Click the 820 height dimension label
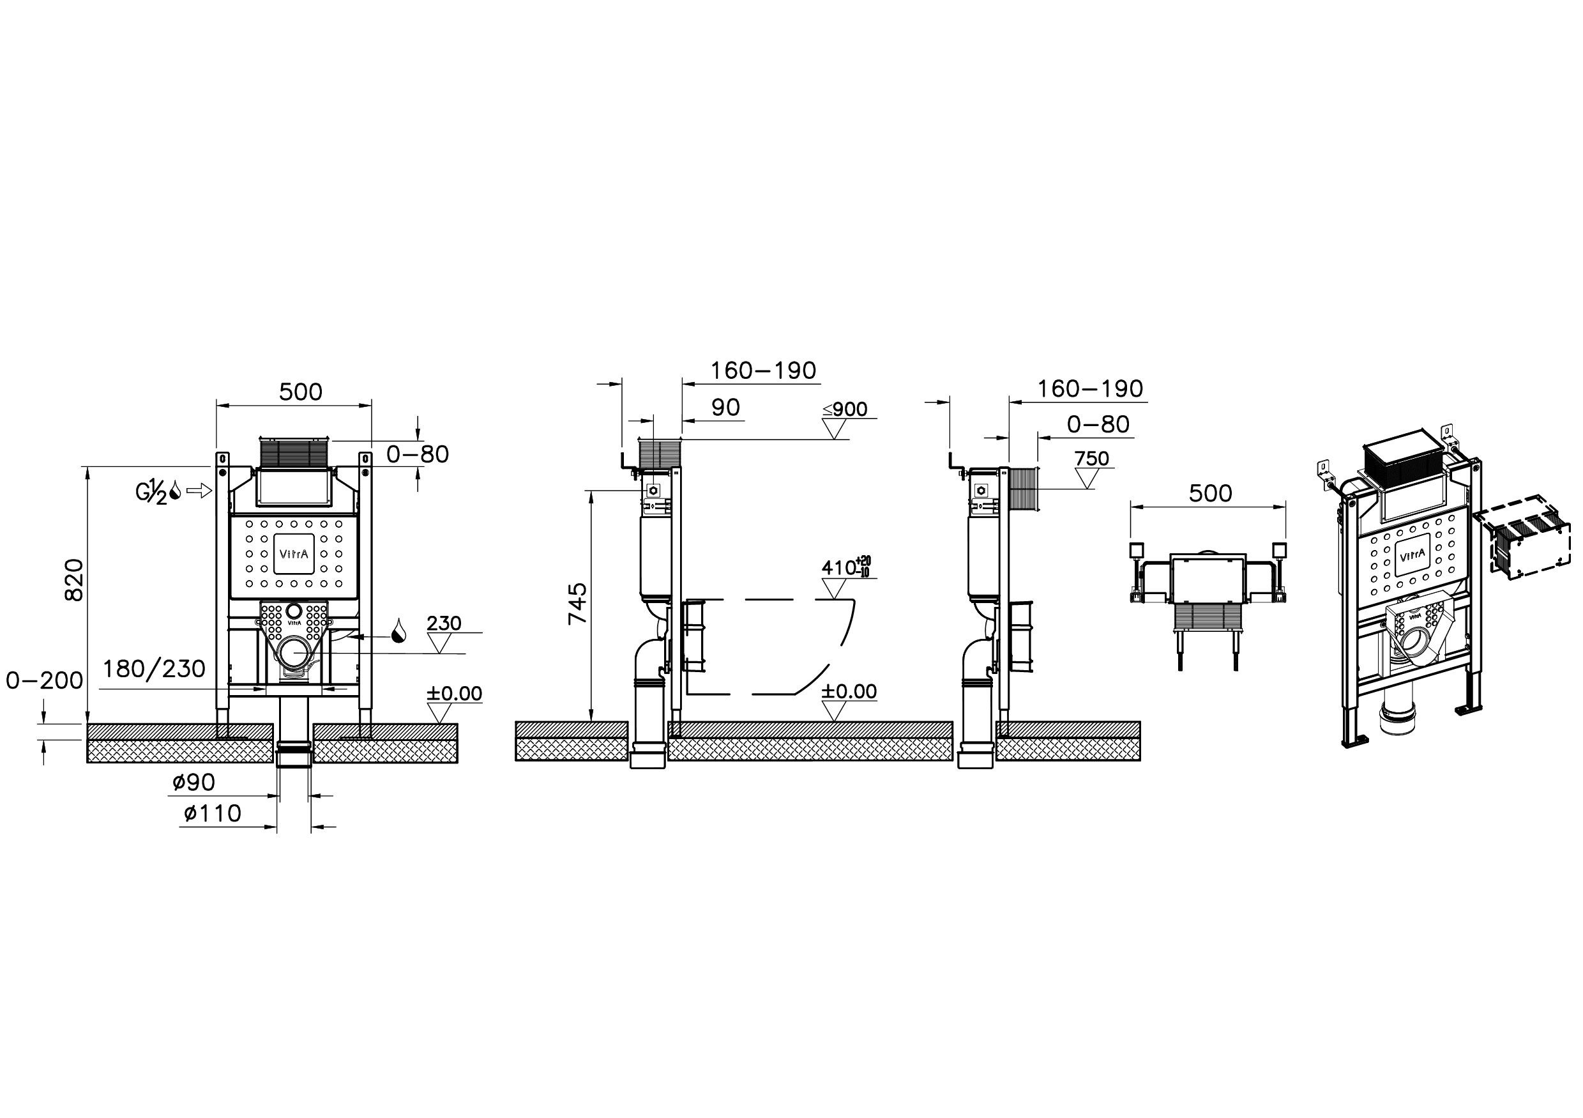click(74, 579)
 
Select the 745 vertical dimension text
click(577, 604)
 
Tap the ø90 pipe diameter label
click(193, 781)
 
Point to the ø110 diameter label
click(213, 813)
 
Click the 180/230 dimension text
click(155, 668)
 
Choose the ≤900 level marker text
click(845, 409)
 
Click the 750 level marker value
click(1092, 458)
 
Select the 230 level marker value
click(444, 623)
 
